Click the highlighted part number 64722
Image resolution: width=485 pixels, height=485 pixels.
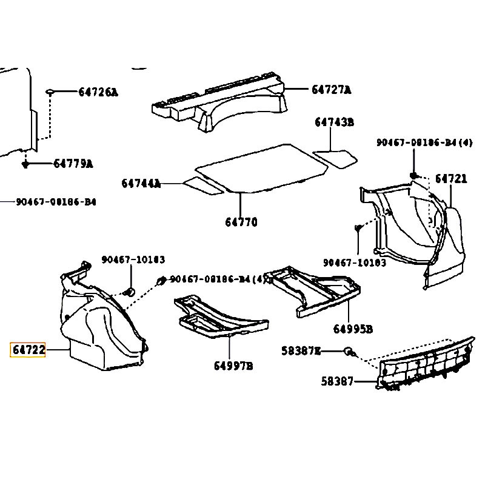tap(28, 350)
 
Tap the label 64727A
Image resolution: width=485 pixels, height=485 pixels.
tap(331, 90)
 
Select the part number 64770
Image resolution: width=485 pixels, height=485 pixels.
tap(241, 222)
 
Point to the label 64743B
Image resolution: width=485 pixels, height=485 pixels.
tap(333, 122)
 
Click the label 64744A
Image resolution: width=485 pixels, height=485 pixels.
tap(141, 183)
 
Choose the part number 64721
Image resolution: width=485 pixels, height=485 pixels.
tap(451, 179)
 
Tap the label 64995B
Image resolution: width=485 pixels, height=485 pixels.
tap(352, 329)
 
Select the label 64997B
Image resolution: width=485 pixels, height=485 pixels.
tap(233, 366)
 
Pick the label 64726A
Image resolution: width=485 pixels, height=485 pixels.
tap(98, 92)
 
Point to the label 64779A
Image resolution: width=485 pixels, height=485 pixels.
tap(73, 164)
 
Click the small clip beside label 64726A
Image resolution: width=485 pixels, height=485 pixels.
tap(50, 92)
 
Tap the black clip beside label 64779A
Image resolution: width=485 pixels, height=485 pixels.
tap(25, 164)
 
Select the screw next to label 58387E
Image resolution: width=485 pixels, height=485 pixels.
tap(349, 351)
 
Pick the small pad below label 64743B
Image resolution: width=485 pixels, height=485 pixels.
tap(336, 158)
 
